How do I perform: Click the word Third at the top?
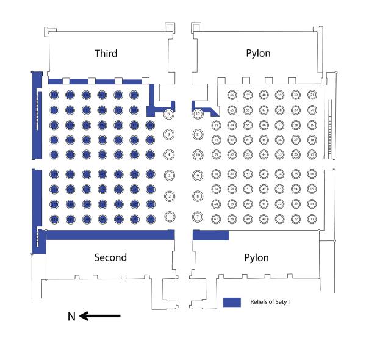pyautogui.click(x=106, y=54)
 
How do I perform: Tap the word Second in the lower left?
pyautogui.click(x=110, y=257)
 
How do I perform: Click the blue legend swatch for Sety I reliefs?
pyautogui.click(x=232, y=303)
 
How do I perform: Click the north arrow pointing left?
pyautogui.click(x=101, y=316)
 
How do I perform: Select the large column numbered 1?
pyautogui.click(x=170, y=216)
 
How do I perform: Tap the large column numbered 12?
pyautogui.click(x=198, y=114)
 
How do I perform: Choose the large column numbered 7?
pyautogui.click(x=197, y=217)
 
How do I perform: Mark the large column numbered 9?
pyautogui.click(x=197, y=176)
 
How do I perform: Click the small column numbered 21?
pyautogui.click(x=312, y=95)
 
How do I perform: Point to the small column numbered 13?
pyautogui.click(x=312, y=218)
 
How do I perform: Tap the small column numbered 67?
pyautogui.click(x=215, y=218)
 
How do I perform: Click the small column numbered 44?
pyautogui.click(x=264, y=155)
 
